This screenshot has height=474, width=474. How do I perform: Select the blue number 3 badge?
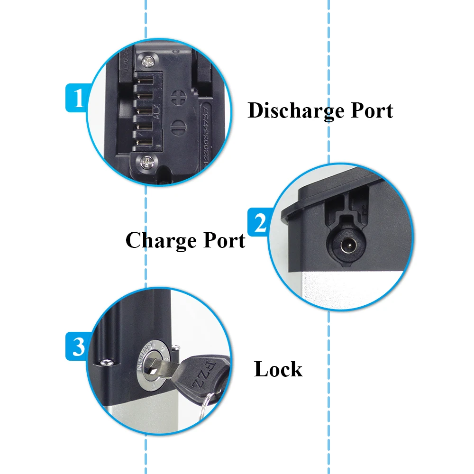point(77,346)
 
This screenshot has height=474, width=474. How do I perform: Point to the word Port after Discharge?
point(372,111)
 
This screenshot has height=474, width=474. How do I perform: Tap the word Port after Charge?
point(224,240)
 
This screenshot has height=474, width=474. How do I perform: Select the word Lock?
point(278,370)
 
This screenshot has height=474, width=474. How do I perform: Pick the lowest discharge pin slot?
point(142,141)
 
